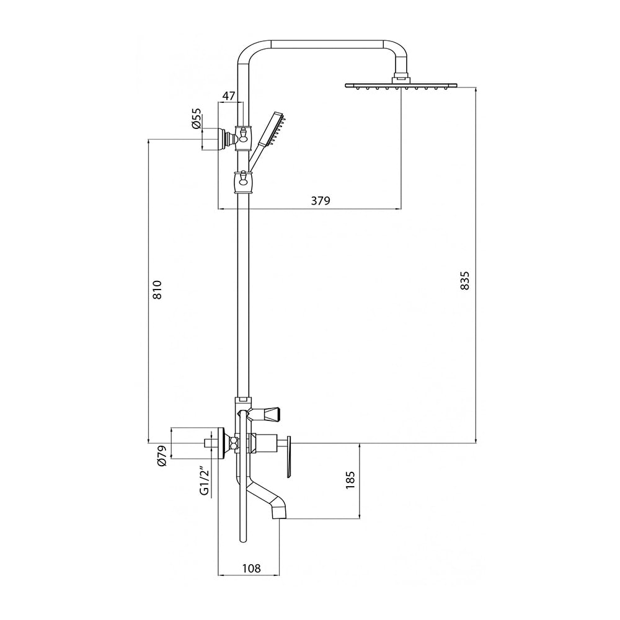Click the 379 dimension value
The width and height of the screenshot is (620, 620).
[321, 201]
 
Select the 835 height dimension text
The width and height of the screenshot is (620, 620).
[465, 280]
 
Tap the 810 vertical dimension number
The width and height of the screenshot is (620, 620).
[157, 290]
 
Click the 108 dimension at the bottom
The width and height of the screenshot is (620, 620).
[252, 569]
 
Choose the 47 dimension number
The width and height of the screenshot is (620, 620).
[229, 95]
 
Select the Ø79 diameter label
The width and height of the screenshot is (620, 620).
[162, 457]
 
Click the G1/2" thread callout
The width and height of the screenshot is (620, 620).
[204, 482]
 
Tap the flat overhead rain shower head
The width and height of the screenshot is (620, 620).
[401, 86]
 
